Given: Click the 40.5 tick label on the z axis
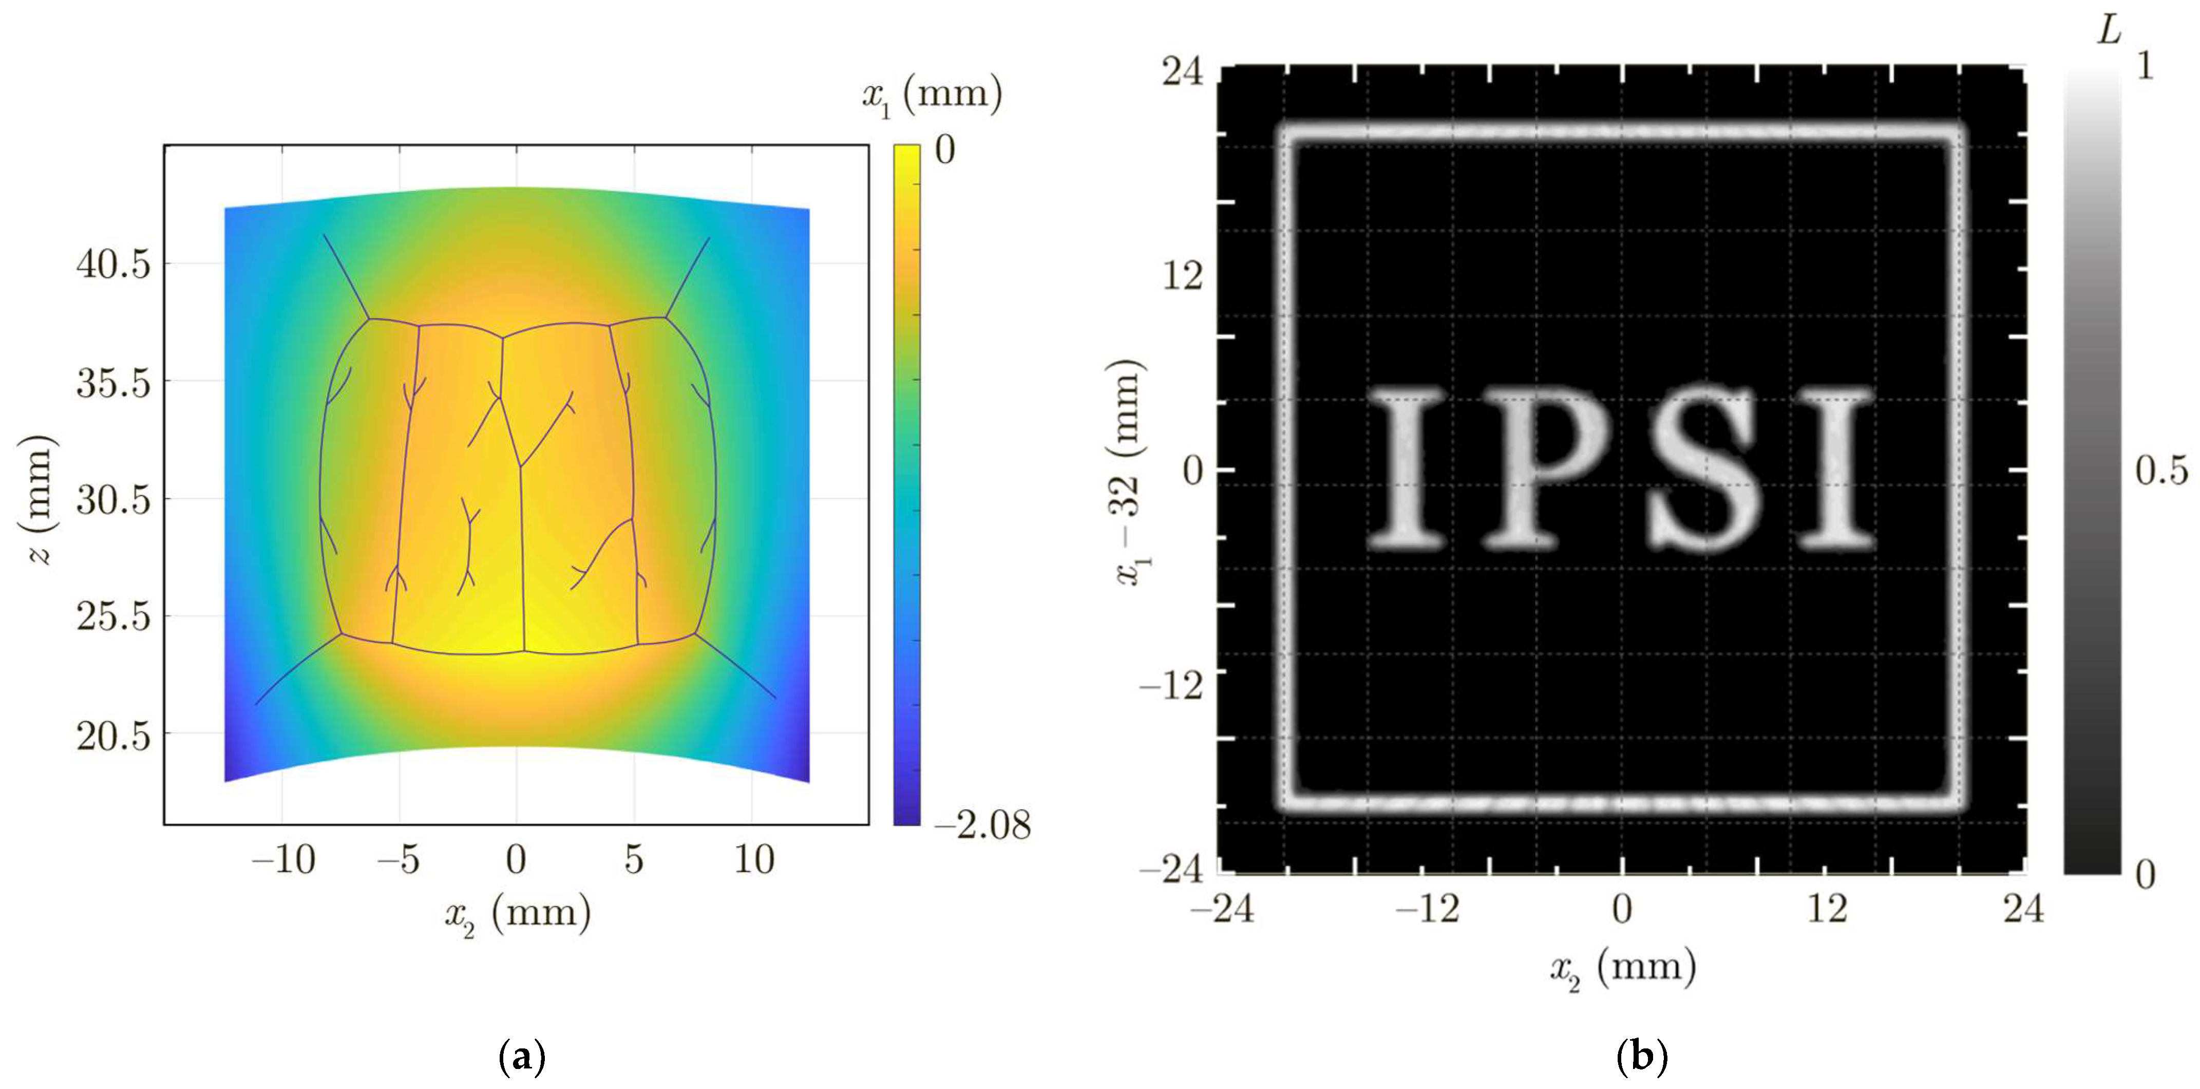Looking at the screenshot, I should tap(113, 264).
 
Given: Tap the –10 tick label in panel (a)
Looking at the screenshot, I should tap(283, 859).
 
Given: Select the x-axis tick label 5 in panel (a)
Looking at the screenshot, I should tap(633, 859).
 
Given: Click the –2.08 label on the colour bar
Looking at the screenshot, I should tap(982, 825).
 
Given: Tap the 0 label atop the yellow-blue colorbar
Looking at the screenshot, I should tap(944, 151).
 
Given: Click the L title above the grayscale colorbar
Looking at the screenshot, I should tap(2110, 32).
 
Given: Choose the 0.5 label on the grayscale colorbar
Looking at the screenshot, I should tap(2161, 471).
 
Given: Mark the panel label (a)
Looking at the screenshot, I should tap(521, 1057).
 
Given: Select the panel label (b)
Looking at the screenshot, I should tap(1641, 1057).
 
